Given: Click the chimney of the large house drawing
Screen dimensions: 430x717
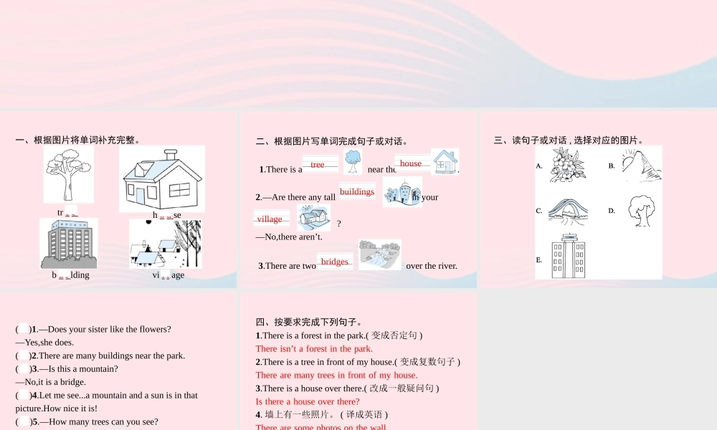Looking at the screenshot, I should [x=171, y=156].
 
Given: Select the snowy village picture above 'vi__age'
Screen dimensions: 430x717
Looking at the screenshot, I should [x=166, y=244].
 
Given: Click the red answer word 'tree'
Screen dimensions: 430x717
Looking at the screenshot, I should [x=318, y=165].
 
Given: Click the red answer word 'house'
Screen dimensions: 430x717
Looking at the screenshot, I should [x=411, y=163].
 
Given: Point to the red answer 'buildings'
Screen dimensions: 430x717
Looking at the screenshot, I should [x=357, y=191].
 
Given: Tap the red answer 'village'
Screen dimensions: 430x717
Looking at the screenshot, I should [x=270, y=219].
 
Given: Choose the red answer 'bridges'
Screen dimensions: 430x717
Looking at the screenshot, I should [x=335, y=262].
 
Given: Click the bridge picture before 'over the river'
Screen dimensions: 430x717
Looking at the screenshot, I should [x=379, y=254].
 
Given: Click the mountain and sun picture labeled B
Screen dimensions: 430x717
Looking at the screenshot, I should [x=640, y=166].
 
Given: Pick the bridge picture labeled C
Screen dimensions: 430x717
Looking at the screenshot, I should [x=569, y=211].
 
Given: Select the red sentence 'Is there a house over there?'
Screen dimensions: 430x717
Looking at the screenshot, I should [x=308, y=401].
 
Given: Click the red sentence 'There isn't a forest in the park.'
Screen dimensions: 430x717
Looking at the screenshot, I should [x=314, y=348].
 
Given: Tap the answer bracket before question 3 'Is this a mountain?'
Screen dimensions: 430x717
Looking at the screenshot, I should [x=24, y=369].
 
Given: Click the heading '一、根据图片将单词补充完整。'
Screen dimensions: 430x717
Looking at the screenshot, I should [x=77, y=140].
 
